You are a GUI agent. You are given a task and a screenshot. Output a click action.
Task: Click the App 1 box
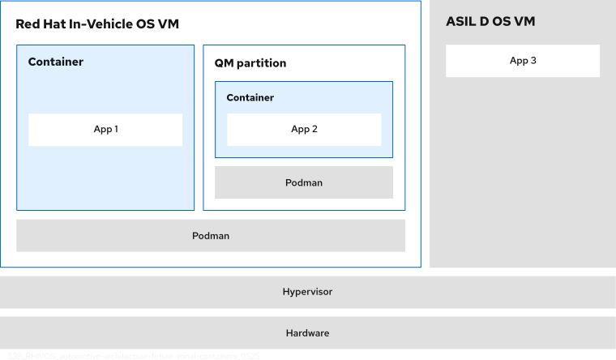click(x=105, y=130)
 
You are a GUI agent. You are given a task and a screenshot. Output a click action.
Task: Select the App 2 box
click(x=304, y=130)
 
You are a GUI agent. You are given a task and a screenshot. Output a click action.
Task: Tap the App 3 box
click(x=523, y=61)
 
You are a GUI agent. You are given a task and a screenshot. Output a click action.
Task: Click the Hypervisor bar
click(x=307, y=292)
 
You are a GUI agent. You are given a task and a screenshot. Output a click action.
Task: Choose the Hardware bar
click(x=307, y=333)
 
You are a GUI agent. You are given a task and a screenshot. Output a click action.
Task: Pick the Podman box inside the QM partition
click(x=304, y=182)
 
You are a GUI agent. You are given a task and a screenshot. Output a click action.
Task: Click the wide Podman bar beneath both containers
click(x=211, y=236)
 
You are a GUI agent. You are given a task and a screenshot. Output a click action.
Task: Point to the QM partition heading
click(x=250, y=63)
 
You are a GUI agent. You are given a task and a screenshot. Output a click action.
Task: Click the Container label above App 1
click(x=56, y=62)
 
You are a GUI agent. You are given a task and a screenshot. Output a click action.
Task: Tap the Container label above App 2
click(x=250, y=98)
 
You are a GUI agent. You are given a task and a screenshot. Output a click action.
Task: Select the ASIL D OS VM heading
click(x=490, y=21)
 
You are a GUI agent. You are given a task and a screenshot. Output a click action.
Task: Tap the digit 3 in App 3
click(x=533, y=61)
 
